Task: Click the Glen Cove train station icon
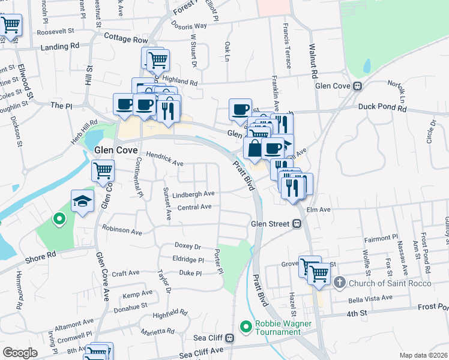pyautogui.click(x=357, y=86)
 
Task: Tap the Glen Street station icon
pyautogui.click(x=297, y=224)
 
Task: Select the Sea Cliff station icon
pyautogui.click(x=231, y=337)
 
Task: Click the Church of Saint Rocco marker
pyautogui.click(x=339, y=282)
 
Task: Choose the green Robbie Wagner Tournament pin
pyautogui.click(x=245, y=327)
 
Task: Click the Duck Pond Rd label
pyautogui.click(x=382, y=109)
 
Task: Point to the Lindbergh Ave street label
pyautogui.click(x=193, y=194)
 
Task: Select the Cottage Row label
pyautogui.click(x=125, y=39)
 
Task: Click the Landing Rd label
pyautogui.click(x=60, y=46)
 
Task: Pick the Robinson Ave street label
pyautogui.click(x=122, y=229)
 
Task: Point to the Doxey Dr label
pyautogui.click(x=187, y=246)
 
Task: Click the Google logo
pyautogui.click(x=20, y=353)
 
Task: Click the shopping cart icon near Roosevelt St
pyautogui.click(x=11, y=25)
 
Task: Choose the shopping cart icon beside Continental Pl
pyautogui.click(x=103, y=170)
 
